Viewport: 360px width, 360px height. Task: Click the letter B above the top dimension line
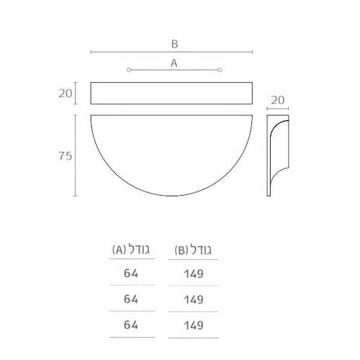pos(174,44)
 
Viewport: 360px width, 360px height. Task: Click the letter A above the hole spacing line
pos(174,63)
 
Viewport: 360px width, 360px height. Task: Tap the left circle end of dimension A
pos(129,70)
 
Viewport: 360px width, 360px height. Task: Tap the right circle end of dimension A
pos(220,70)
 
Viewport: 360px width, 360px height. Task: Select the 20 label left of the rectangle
pos(66,93)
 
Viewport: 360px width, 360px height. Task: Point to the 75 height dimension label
pos(66,156)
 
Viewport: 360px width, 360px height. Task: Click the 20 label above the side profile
pos(278,100)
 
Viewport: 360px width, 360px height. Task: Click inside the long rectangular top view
pos(171,93)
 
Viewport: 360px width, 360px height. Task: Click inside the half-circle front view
pos(171,149)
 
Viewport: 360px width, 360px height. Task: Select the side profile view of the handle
pos(269,156)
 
